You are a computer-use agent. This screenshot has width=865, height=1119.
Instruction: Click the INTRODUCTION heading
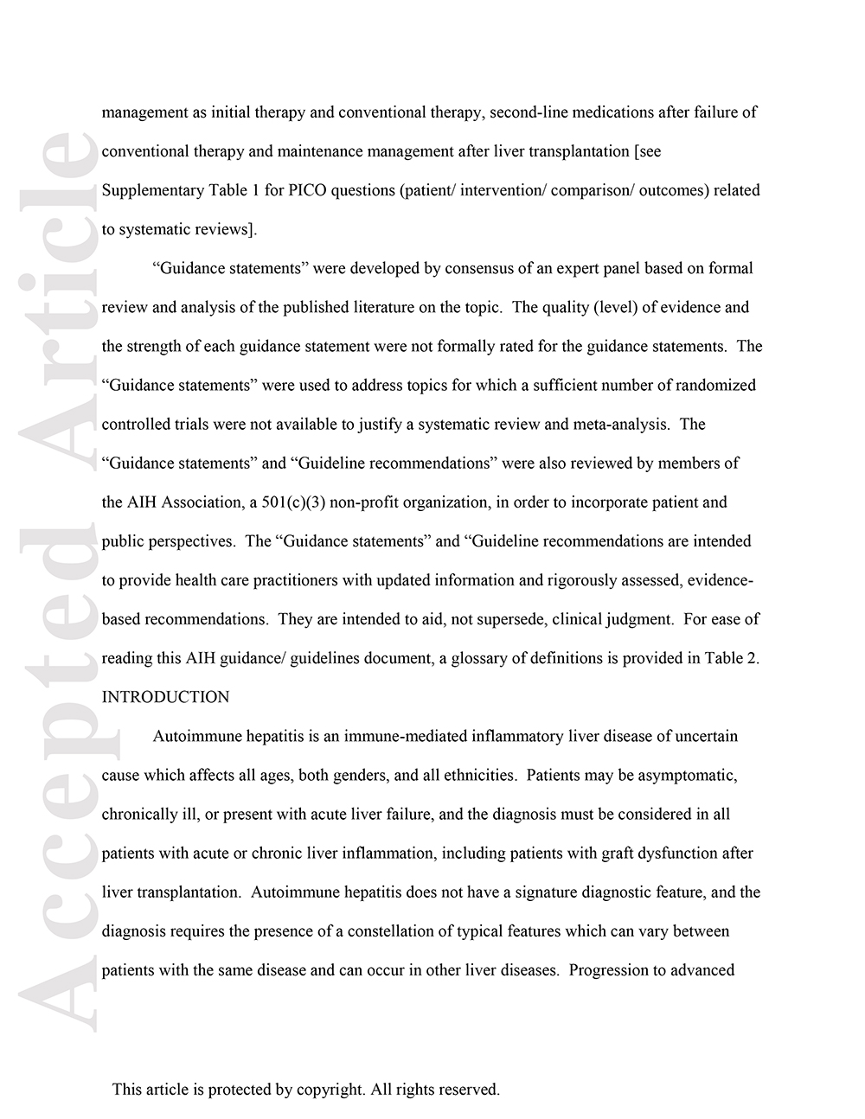tap(165, 697)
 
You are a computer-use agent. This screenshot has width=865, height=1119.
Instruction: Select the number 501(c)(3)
tap(293, 502)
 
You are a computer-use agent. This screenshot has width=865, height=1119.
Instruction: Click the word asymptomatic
tap(687, 775)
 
